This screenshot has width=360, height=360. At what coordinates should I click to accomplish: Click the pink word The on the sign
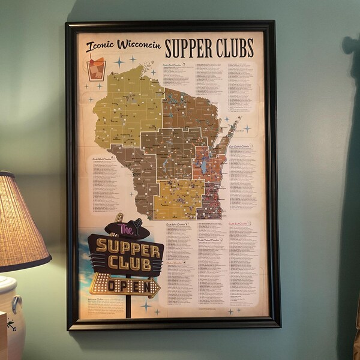pos(125,229)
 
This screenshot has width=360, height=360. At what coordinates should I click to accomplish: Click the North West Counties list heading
pos(102,159)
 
